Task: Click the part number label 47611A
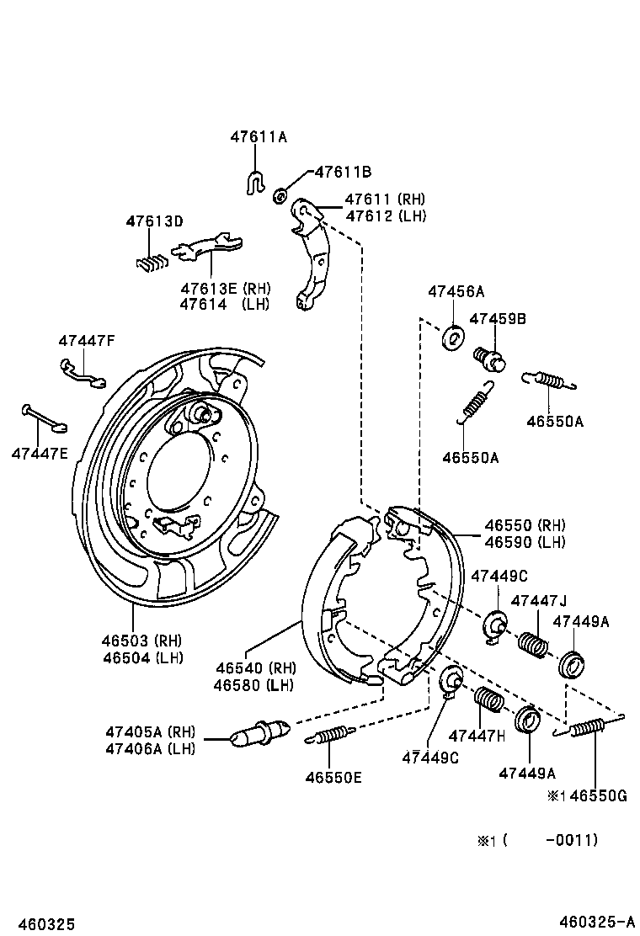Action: [x=259, y=136]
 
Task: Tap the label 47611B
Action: [x=344, y=172]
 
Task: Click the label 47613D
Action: [x=155, y=221]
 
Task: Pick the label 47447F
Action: [x=87, y=341]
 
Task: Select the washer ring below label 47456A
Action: [x=452, y=338]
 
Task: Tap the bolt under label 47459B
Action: [x=489, y=359]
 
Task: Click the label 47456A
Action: [x=456, y=291]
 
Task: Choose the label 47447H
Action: [x=477, y=736]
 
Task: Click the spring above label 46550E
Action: [x=331, y=735]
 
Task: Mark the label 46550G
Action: [x=599, y=795]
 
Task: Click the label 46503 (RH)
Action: [x=141, y=641]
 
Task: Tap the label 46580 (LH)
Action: [x=253, y=684]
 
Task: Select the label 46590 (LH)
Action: [x=525, y=542]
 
